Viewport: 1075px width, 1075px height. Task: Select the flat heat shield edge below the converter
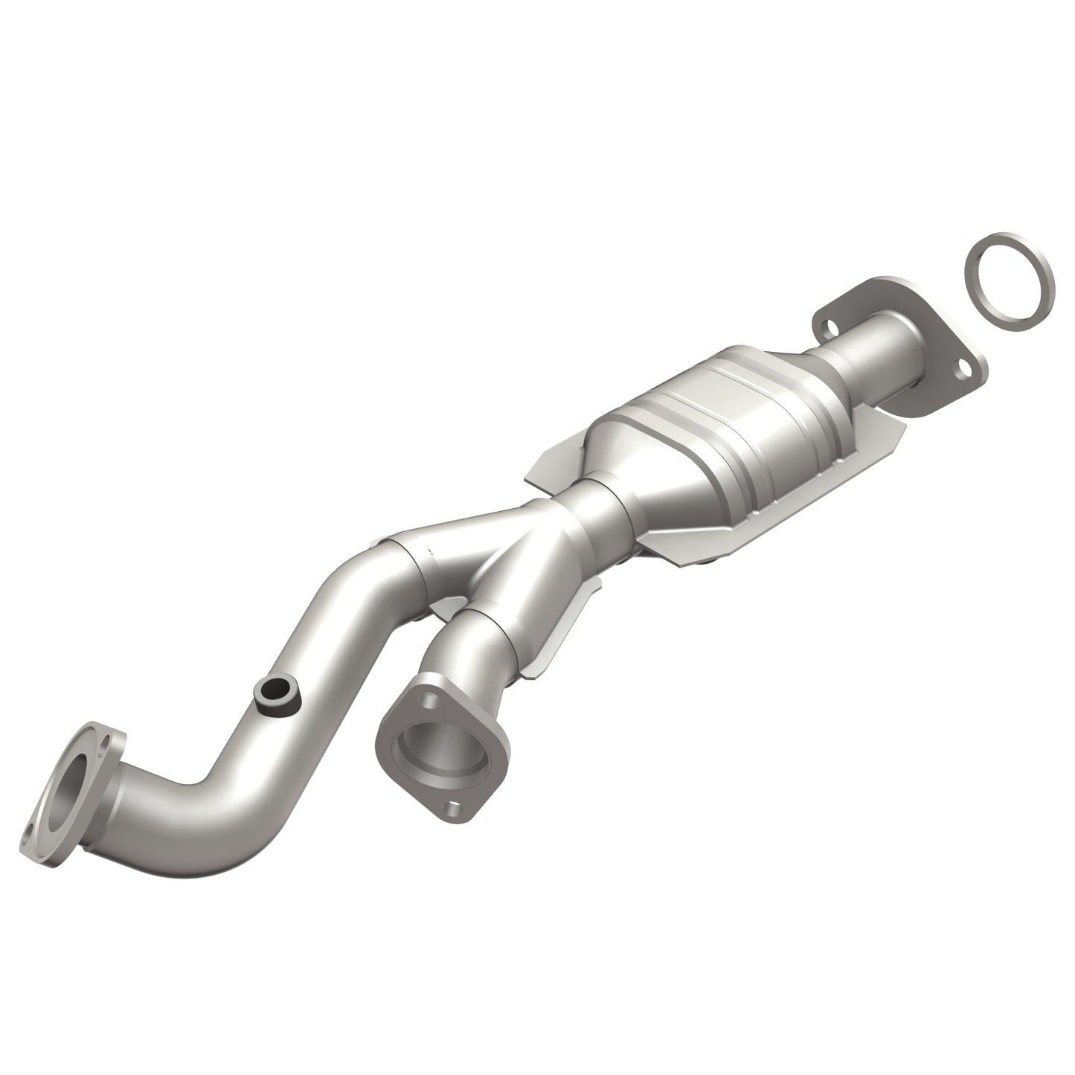[x=714, y=551]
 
